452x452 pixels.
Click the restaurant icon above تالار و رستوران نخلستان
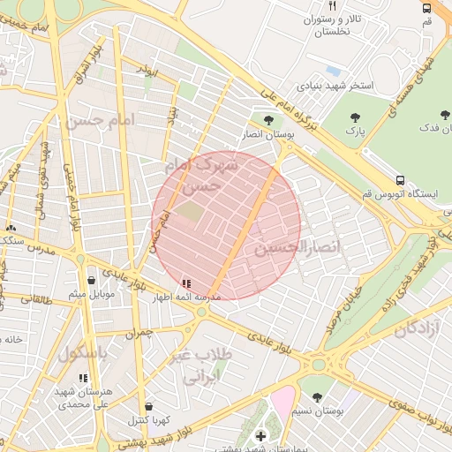(x=334, y=6)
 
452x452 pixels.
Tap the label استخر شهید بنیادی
(x=335, y=87)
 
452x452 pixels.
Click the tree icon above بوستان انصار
(x=268, y=119)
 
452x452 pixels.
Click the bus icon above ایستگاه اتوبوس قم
(x=402, y=179)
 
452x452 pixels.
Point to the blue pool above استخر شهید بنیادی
(x=333, y=71)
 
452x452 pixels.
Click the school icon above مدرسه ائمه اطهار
(x=185, y=283)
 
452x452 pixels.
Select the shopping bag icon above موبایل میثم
(x=91, y=280)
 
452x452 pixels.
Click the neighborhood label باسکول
(x=83, y=354)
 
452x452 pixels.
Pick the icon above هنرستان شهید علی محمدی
(x=84, y=379)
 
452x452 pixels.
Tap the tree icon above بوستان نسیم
(x=318, y=398)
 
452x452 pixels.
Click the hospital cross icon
(x=260, y=436)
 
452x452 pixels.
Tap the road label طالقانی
(x=37, y=300)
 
